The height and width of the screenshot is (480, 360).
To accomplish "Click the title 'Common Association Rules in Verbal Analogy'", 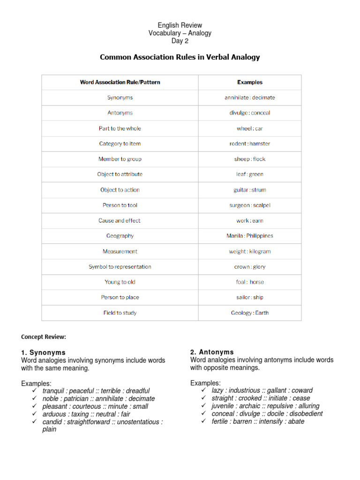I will coord(180,57).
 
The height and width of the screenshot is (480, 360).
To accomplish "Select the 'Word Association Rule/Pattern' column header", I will coord(120,82).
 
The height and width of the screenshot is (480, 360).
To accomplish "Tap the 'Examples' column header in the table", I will coord(250,82).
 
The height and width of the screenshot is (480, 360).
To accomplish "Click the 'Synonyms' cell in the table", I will coord(120,97).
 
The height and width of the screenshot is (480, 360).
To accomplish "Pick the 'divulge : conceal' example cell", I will coord(250,113).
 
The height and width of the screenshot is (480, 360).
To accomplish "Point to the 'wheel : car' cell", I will coord(250,128).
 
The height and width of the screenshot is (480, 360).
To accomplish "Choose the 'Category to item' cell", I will coord(120,143).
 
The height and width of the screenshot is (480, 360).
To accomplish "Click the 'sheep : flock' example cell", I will coord(250,159).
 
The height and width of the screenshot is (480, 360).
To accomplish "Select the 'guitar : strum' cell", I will coord(250,190).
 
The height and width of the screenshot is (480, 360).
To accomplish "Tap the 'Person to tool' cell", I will coord(120,205).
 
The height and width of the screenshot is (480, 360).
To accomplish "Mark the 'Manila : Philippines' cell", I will coord(250,236).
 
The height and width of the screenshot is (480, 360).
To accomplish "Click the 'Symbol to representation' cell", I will coord(120,267).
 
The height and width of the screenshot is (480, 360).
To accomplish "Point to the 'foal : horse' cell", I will coord(250,282).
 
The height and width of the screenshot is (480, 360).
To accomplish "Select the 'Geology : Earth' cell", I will coord(250,313).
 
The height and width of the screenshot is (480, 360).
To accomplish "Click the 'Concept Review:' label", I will coord(44,337).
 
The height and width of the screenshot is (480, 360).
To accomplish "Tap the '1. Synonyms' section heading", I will coord(43,352).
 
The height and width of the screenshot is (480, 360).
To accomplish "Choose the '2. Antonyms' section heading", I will coord(212,352).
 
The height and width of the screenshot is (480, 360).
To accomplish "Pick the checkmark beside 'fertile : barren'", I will coord(203,421).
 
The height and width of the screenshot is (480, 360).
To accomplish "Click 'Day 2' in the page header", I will coord(180,41).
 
